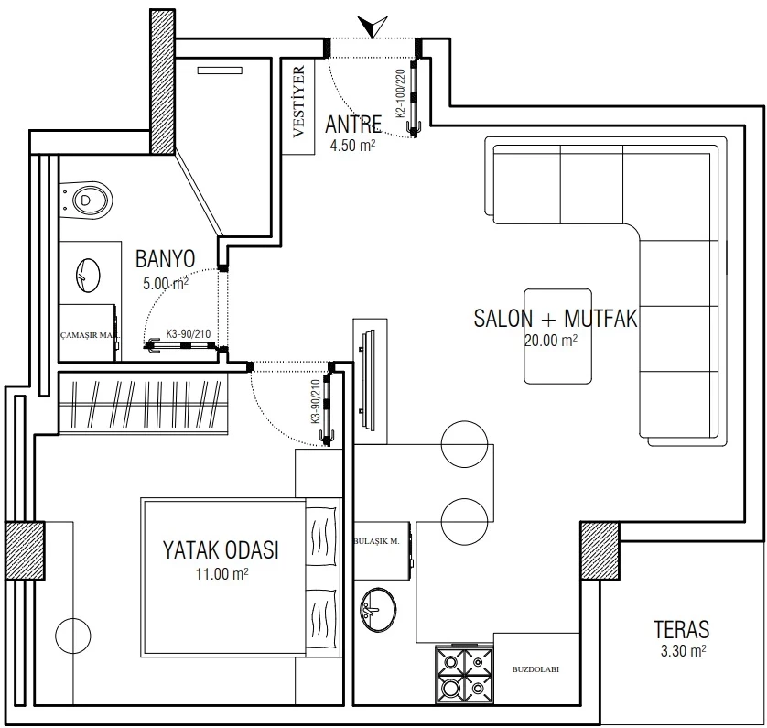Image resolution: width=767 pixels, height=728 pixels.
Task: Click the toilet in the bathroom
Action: [x=87, y=201]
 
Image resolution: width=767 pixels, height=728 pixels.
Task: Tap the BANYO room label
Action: [x=166, y=259]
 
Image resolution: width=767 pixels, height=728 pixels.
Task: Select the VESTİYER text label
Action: [x=298, y=102]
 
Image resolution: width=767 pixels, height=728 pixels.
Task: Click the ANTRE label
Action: [x=353, y=125]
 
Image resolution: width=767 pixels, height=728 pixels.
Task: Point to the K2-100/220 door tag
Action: [x=400, y=93]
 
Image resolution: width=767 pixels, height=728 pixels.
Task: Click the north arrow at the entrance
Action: [x=373, y=27]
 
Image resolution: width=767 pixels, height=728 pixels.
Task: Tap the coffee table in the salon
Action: [x=557, y=336]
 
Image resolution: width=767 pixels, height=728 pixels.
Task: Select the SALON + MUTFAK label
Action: [x=556, y=318]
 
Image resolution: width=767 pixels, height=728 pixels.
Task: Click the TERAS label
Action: [x=681, y=629]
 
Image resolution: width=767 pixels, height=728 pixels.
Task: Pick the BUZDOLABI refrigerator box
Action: [x=536, y=669]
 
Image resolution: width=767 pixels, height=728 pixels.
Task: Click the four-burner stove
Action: [x=464, y=675]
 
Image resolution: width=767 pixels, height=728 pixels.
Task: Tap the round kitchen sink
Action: [x=379, y=610]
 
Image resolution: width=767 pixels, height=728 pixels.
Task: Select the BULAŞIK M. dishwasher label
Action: [x=377, y=541]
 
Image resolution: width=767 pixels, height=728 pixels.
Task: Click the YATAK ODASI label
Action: [x=221, y=550]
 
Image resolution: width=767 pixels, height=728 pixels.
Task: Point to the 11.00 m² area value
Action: [x=222, y=573]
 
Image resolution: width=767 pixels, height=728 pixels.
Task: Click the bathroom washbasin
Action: [x=88, y=276]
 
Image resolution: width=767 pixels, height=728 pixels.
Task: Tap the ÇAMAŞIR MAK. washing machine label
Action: [x=90, y=336]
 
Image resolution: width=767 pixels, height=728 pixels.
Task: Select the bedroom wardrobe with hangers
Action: [x=144, y=404]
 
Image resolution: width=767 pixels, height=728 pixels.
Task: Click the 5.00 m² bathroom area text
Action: [x=166, y=283]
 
